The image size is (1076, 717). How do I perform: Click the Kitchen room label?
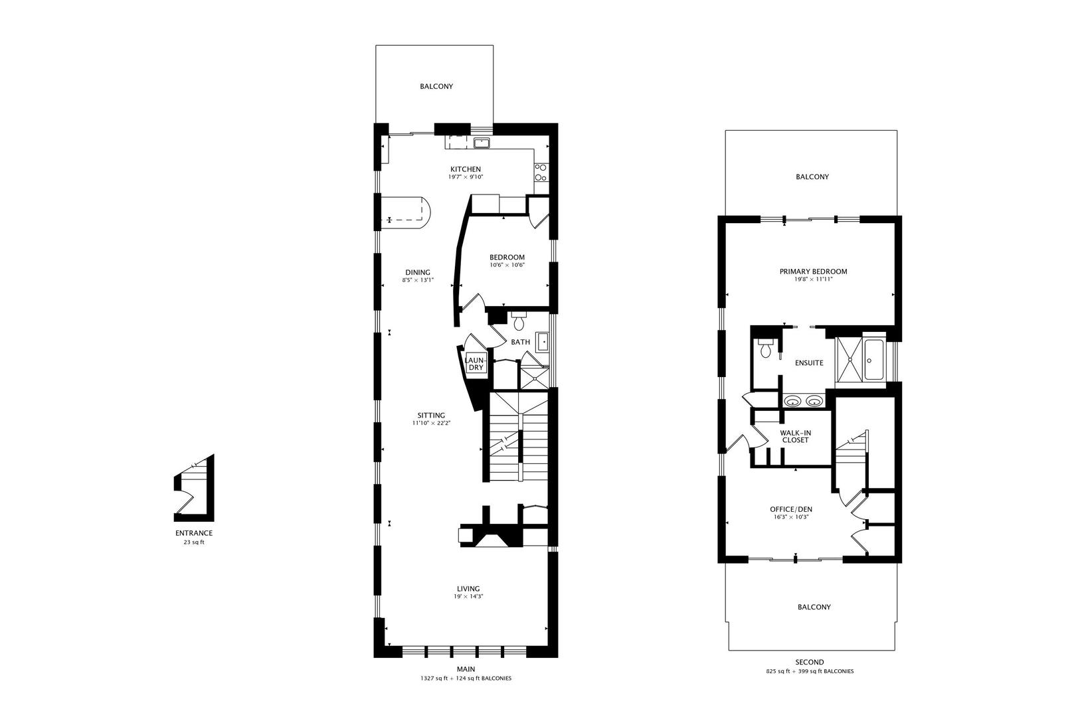point(466,169)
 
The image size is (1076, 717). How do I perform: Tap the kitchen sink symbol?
point(482,143)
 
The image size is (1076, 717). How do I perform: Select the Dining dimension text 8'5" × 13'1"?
point(418,280)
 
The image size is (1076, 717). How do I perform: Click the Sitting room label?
point(431,416)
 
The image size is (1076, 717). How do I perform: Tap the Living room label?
point(468,589)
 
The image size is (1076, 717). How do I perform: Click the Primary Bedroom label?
point(813,272)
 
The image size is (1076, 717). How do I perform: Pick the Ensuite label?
point(810,363)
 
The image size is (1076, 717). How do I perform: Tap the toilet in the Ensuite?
point(765,348)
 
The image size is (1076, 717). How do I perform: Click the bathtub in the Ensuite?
point(874,360)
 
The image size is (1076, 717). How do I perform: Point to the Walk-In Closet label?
point(796,437)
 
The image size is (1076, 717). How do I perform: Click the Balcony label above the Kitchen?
point(436,86)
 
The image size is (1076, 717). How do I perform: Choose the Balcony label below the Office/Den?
point(814,607)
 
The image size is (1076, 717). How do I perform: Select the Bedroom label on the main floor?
point(507,257)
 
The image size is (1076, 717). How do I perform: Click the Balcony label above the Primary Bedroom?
point(812,177)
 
